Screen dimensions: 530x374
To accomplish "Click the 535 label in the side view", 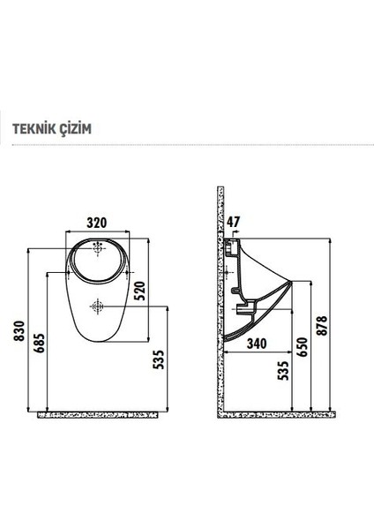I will click(x=283, y=369).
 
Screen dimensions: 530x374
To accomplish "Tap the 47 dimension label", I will click(x=234, y=222).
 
